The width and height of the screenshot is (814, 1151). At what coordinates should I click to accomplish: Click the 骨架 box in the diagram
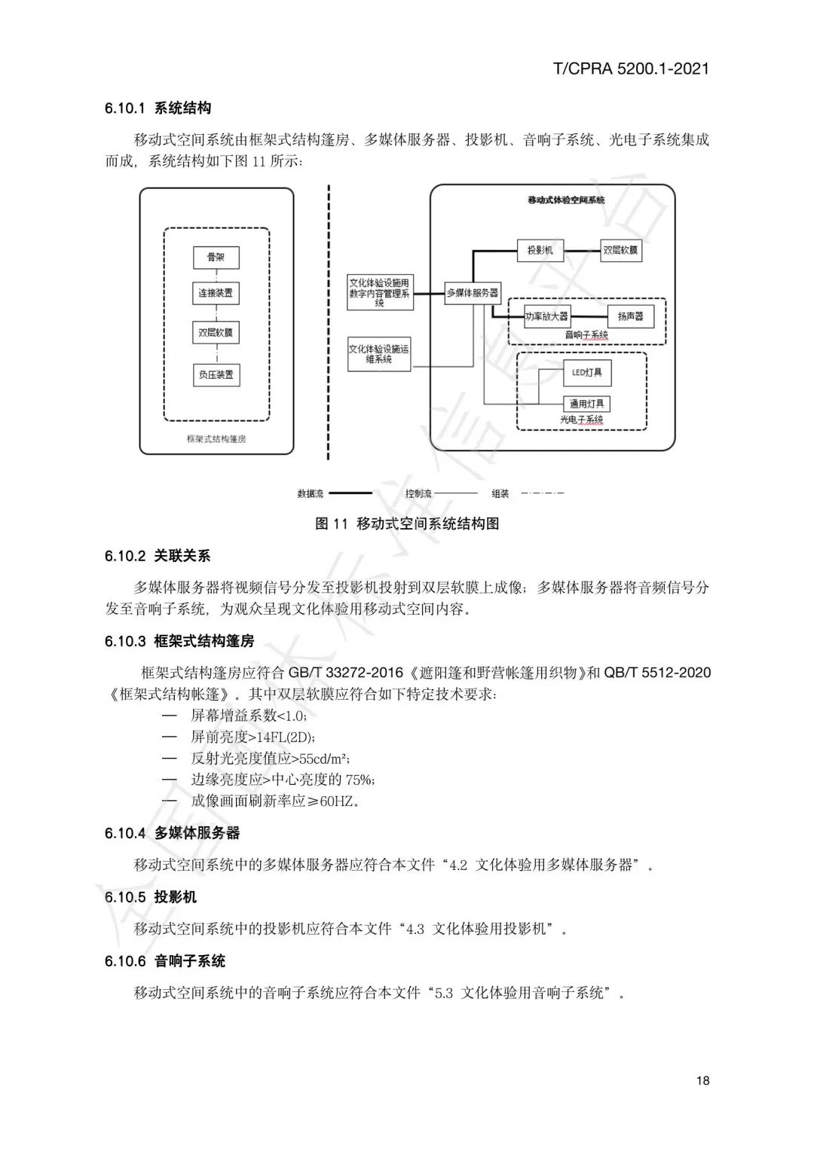[216, 258]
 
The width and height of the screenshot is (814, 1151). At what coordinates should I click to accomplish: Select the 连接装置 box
[216, 293]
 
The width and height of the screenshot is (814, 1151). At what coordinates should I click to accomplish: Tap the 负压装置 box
[216, 374]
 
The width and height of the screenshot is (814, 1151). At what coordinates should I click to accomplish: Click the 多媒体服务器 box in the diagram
[473, 293]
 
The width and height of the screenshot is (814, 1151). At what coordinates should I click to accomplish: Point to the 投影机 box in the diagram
[540, 250]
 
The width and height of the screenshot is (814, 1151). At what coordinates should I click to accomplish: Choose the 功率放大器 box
[547, 316]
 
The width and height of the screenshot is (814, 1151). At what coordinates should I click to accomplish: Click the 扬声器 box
[630, 316]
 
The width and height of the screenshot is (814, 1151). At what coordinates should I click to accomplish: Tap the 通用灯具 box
[587, 404]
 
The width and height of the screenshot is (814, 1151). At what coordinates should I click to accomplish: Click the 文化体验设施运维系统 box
[380, 354]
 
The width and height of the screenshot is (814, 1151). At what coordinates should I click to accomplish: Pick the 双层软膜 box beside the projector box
[620, 250]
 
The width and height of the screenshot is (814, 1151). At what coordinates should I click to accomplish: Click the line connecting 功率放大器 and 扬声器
[589, 316]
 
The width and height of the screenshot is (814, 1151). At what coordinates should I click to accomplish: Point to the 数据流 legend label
[311, 494]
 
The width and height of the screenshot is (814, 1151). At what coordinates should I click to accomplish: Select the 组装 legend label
[500, 494]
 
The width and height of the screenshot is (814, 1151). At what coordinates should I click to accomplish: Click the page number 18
[702, 1081]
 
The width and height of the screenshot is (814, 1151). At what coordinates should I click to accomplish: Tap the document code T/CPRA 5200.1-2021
[631, 69]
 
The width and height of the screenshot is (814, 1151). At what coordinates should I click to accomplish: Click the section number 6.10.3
[125, 642]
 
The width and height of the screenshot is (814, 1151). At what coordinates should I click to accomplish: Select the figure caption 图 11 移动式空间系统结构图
[407, 524]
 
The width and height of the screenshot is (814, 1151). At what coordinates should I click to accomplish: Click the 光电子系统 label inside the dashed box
[581, 420]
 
